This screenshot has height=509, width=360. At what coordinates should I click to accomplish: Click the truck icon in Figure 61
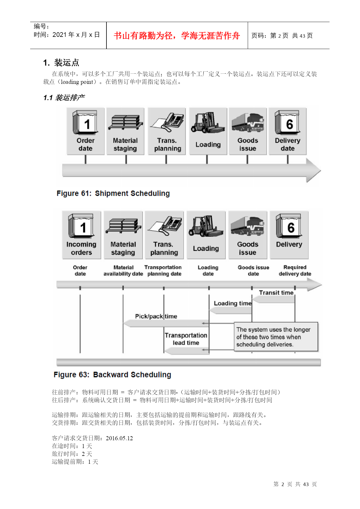pyautogui.click(x=248, y=122)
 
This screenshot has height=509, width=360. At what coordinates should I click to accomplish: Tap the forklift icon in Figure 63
pyautogui.click(x=206, y=226)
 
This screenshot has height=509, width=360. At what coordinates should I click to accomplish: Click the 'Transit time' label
pyautogui.click(x=276, y=293)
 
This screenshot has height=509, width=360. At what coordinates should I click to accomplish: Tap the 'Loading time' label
pyautogui.click(x=233, y=303)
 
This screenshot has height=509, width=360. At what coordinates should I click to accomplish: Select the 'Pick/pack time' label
pyautogui.click(x=156, y=316)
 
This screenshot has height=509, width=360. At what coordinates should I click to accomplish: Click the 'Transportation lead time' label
pyautogui.click(x=186, y=339)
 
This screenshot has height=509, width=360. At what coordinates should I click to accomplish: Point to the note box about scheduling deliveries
pyautogui.click(x=276, y=337)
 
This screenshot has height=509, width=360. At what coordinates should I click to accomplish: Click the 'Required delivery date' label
pyautogui.click(x=295, y=270)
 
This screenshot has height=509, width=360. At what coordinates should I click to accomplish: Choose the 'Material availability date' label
pyautogui.click(x=123, y=270)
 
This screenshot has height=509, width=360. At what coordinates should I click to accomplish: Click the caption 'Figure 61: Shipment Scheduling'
pyautogui.click(x=113, y=193)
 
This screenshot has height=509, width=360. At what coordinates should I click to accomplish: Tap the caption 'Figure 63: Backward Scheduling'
pyautogui.click(x=112, y=375)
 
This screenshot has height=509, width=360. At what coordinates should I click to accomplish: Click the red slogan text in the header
pyautogui.click(x=177, y=36)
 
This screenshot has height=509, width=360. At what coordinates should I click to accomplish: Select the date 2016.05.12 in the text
pyautogui.click(x=119, y=438)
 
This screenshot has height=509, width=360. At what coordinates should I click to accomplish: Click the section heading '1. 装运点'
pyautogui.click(x=61, y=63)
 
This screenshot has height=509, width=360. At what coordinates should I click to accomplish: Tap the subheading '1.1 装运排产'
pyautogui.click(x=64, y=98)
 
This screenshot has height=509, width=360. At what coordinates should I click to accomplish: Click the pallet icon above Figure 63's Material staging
pyautogui.click(x=123, y=226)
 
